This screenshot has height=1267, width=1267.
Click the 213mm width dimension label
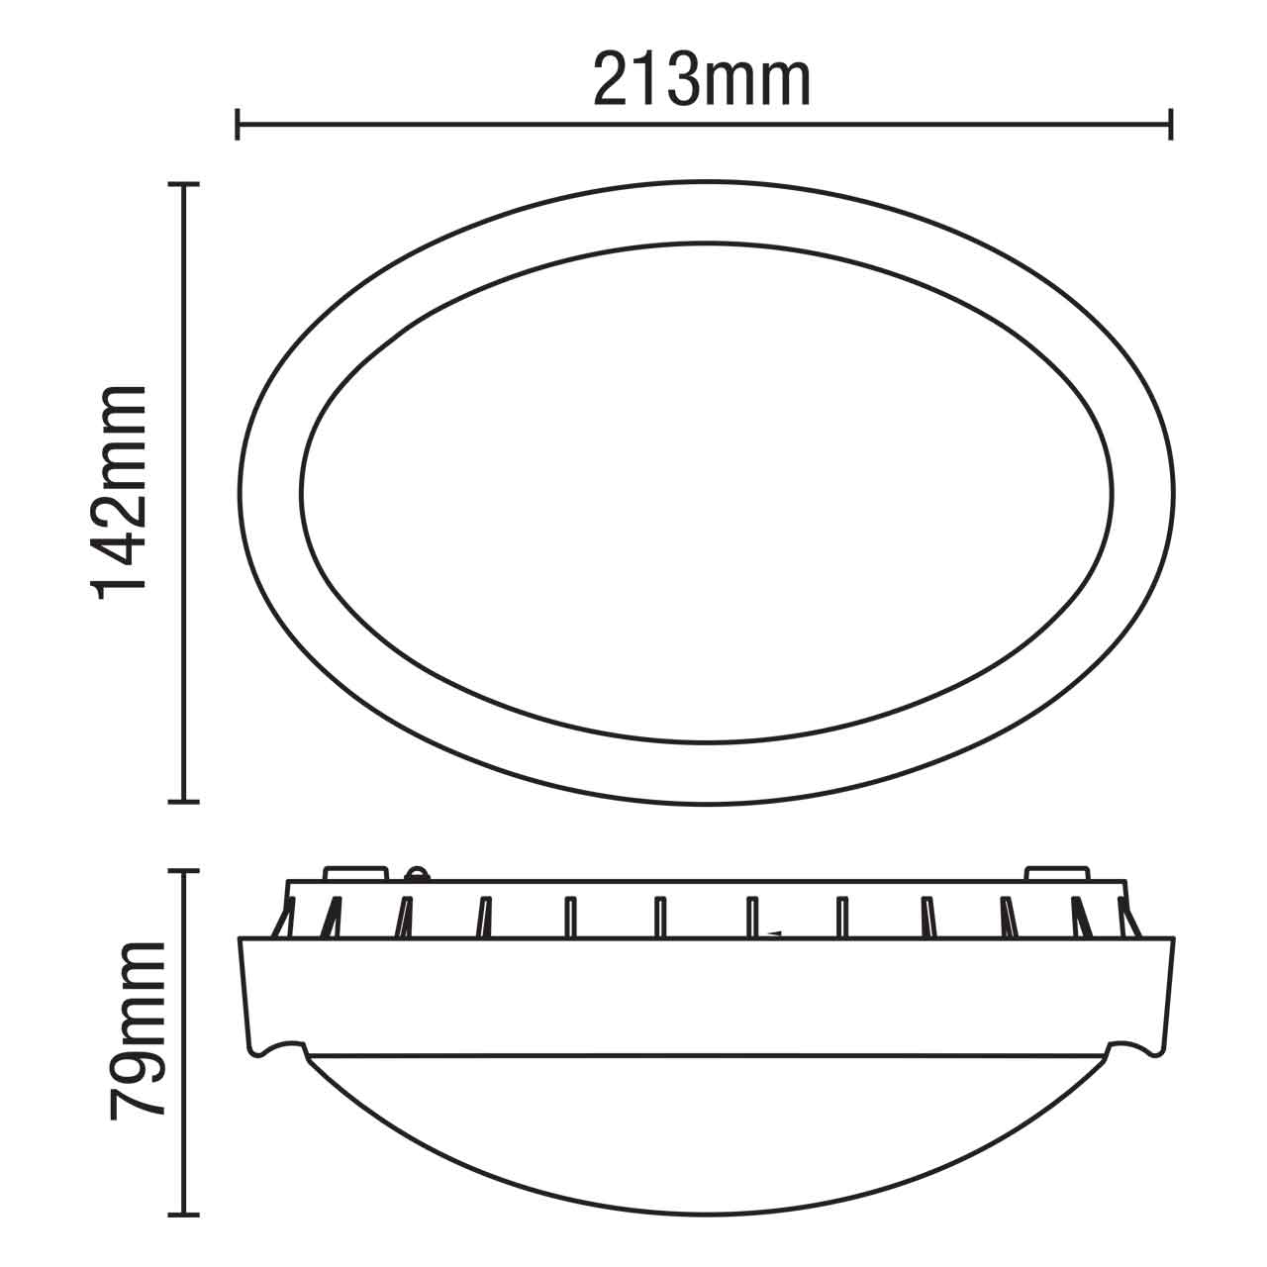(x=702, y=81)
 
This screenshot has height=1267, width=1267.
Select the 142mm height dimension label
(x=121, y=492)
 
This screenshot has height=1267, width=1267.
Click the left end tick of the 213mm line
(x=238, y=125)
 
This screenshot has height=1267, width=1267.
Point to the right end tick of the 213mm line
(x=1172, y=125)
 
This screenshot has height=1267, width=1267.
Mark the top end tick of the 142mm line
(x=185, y=184)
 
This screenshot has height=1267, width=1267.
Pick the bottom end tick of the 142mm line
(x=185, y=800)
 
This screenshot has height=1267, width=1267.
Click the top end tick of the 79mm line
(x=185, y=871)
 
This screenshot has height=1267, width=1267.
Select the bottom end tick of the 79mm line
(x=185, y=1214)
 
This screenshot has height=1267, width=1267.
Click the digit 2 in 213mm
(x=614, y=81)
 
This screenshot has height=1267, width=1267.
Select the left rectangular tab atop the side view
(x=356, y=874)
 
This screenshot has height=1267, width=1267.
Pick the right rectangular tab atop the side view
(x=1056, y=874)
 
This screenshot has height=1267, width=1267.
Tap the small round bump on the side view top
(x=417, y=873)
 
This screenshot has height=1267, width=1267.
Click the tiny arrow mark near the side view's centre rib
(x=775, y=933)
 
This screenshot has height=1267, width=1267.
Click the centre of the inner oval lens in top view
(x=706, y=492)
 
